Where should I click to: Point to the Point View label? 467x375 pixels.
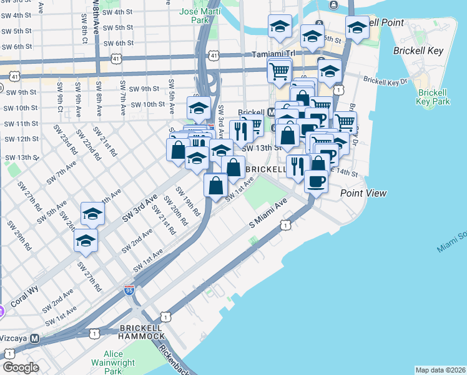click(363, 194)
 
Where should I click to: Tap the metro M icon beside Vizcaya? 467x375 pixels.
click(36, 338)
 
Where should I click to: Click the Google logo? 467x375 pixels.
click(21, 367)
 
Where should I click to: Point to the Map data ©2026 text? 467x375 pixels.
click(440, 370)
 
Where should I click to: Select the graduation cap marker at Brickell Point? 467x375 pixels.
click(357, 28)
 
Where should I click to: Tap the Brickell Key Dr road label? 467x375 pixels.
click(385, 81)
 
